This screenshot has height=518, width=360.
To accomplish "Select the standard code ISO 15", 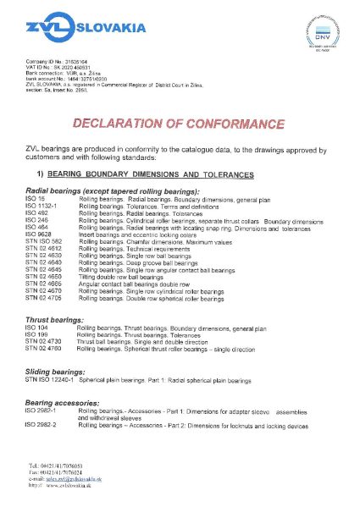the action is (x=36, y=197).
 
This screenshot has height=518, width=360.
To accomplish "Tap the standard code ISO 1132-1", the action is (x=42, y=205).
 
